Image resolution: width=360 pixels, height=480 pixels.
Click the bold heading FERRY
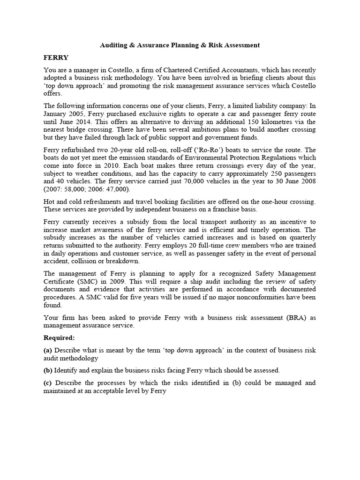point(56,58)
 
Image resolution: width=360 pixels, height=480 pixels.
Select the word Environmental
point(196,157)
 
